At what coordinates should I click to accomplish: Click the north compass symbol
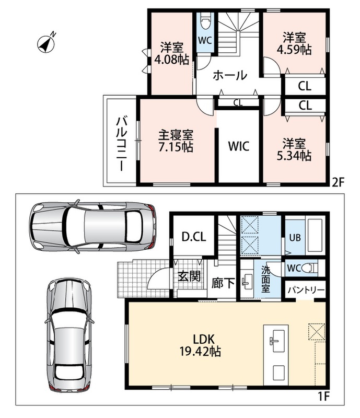[47, 43]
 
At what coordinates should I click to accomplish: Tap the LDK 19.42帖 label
[200, 345]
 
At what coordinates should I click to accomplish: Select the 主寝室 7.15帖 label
[176, 141]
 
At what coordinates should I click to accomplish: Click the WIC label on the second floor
[239, 146]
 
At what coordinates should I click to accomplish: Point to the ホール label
[230, 75]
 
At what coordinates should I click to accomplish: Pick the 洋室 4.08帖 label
[172, 53]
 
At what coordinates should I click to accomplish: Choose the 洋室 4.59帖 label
[294, 43]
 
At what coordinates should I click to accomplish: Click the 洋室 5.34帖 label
[294, 149]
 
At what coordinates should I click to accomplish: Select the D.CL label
[194, 237]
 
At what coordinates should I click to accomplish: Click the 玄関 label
[189, 276]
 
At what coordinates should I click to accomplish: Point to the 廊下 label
[223, 283]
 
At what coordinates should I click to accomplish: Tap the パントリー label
[306, 290]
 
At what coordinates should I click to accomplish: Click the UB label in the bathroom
[295, 237]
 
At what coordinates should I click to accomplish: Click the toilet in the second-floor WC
[205, 21]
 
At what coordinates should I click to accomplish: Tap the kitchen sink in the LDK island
[275, 341]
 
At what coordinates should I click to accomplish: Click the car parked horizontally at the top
[92, 226]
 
